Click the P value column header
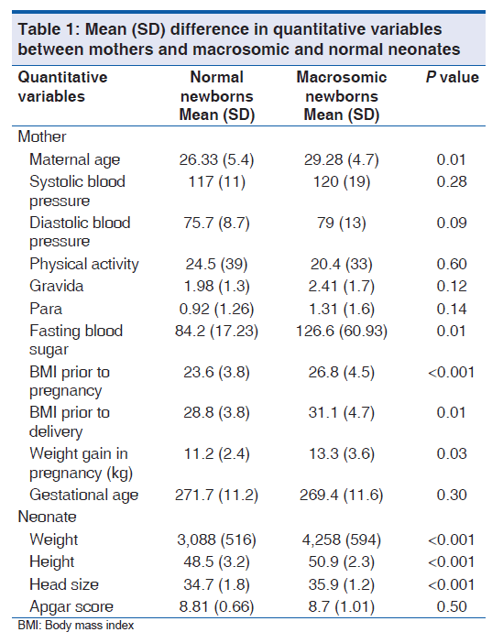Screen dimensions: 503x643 (x=452, y=77)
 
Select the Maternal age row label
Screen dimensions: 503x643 (x=74, y=160)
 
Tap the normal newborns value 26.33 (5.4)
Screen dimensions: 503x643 (x=216, y=159)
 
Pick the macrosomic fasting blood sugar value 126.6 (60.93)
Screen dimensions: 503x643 (x=342, y=331)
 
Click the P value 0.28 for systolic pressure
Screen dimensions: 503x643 (x=452, y=181)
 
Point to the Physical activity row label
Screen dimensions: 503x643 (x=84, y=264)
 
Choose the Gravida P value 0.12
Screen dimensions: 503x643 (x=452, y=286)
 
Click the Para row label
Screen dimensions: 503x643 (x=46, y=309)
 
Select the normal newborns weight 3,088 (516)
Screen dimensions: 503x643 (x=216, y=539)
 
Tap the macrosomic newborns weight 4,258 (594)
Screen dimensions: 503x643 (x=342, y=539)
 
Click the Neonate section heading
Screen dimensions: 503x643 (x=47, y=517)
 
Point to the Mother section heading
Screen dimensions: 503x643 (x=42, y=136)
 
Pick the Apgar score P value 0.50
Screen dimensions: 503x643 (x=452, y=606)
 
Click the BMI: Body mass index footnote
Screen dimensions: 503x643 (x=76, y=626)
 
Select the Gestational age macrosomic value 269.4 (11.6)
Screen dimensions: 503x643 (x=342, y=495)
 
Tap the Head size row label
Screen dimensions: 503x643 (x=64, y=584)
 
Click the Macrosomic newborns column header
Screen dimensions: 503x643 (x=342, y=96)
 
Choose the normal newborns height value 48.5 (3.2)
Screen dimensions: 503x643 (x=216, y=562)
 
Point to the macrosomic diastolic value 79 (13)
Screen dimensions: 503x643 (x=342, y=223)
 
